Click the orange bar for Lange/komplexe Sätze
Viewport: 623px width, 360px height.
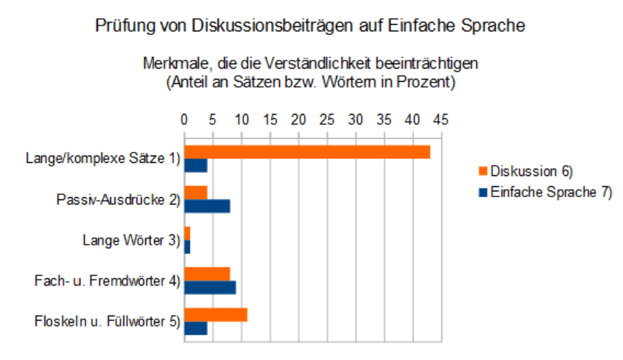[307, 152]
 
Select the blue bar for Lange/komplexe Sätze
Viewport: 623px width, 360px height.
[196, 165]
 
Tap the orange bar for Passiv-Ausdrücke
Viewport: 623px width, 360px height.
[196, 192]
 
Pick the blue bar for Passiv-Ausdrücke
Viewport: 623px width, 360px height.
[207, 205]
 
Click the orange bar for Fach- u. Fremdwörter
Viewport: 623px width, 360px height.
[207, 273]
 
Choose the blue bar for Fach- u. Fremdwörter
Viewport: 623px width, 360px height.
[210, 287]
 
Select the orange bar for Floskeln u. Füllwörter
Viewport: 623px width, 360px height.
[216, 315]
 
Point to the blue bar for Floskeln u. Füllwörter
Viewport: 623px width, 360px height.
[196, 328]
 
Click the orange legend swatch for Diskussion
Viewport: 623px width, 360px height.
[483, 171]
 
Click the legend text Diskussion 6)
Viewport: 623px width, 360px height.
[531, 171]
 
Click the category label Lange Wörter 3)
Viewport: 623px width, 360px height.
[131, 240]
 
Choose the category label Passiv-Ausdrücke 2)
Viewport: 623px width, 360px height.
[118, 199]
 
